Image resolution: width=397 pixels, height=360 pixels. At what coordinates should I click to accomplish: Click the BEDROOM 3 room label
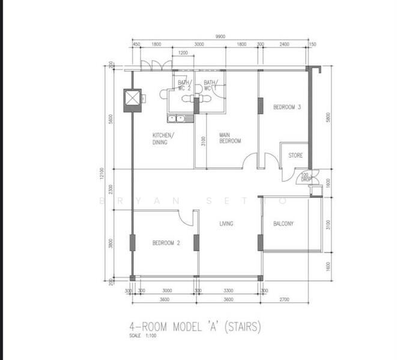point(287,107)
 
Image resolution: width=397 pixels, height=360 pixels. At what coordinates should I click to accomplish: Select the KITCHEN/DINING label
point(163,139)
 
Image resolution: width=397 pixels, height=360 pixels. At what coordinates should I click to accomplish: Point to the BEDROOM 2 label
point(166,243)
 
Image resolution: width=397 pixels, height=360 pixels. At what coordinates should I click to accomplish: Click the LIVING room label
point(226,224)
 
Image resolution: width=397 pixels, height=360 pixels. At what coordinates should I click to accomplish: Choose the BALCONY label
point(283,224)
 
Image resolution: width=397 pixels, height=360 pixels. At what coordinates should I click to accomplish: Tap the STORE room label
point(295,155)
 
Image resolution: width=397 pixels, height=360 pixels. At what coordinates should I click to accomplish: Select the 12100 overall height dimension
point(102,174)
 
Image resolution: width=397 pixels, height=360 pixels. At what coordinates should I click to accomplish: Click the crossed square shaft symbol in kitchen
point(132,100)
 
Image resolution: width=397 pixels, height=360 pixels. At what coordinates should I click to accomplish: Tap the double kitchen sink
point(177,118)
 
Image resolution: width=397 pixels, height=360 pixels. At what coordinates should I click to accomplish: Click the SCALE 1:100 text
point(143,336)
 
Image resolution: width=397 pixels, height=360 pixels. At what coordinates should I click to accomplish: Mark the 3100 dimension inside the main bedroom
point(204,142)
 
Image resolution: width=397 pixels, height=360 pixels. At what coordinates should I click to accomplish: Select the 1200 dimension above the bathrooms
point(184,53)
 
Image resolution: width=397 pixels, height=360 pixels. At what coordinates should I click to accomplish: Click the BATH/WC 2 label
point(184,85)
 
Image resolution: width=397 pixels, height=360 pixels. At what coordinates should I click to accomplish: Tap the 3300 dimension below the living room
point(230,290)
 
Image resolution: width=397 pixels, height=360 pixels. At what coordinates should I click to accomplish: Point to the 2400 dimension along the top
point(283,44)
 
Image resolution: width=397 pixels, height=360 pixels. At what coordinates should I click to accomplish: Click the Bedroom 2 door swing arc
point(187,218)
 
